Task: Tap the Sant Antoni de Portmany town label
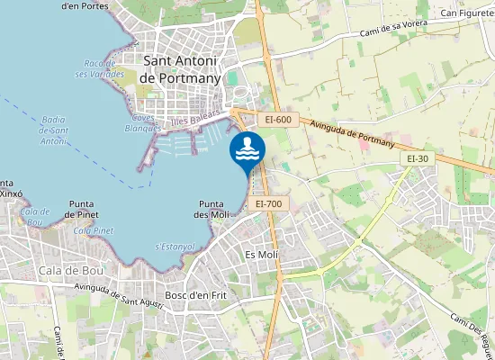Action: click(181, 68)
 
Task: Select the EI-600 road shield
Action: click(278, 120)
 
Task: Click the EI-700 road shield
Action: click(268, 204)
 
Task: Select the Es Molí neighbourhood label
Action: click(262, 256)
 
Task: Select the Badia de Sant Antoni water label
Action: click(53, 130)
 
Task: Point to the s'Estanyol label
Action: click(175, 246)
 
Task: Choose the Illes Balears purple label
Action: click(195, 117)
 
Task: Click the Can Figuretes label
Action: click(466, 13)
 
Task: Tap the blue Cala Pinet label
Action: click(94, 230)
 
